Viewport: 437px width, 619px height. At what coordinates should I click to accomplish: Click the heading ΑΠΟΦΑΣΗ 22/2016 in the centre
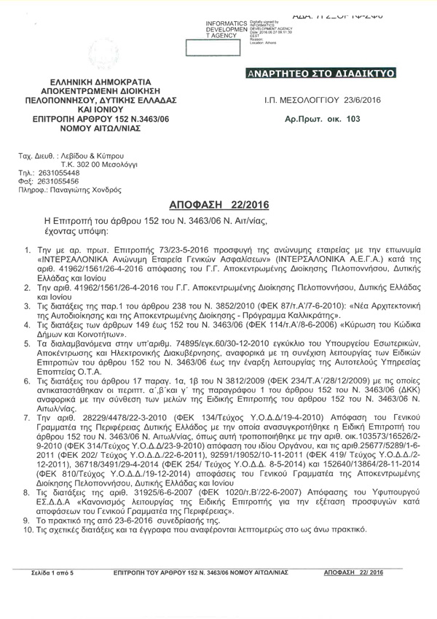pos(219,206)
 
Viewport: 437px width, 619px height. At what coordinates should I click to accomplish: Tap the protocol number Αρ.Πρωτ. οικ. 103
pos(323,117)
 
